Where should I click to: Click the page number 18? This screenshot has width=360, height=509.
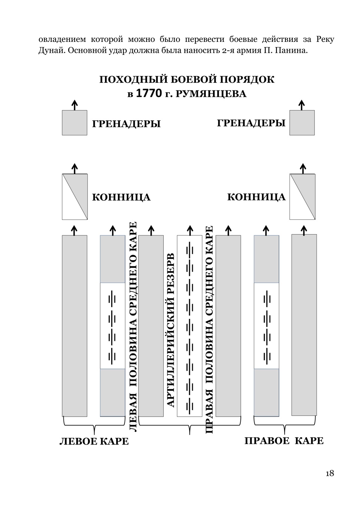tap(330, 473)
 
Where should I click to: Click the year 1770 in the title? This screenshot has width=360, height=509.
tap(149, 93)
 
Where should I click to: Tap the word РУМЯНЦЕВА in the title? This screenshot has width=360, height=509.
tap(211, 94)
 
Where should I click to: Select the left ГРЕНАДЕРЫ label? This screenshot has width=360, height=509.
tap(126, 124)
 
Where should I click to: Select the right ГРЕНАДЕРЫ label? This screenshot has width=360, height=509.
tap(251, 123)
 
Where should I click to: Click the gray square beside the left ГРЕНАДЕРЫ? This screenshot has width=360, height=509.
tap(75, 123)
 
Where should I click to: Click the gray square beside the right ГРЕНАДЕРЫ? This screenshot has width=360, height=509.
tap(302, 123)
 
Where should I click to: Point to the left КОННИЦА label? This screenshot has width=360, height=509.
tap(121, 197)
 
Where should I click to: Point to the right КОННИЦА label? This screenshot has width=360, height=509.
tap(256, 197)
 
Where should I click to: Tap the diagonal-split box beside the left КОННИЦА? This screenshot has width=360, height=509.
tap(75, 197)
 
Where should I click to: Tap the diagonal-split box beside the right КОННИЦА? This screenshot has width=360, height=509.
tap(302, 197)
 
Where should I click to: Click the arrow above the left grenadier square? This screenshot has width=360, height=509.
tap(75, 105)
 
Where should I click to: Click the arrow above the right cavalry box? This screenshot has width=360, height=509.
tap(303, 168)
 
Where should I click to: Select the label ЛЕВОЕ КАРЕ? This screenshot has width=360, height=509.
tap(94, 441)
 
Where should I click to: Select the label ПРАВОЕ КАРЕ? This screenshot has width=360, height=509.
tap(284, 441)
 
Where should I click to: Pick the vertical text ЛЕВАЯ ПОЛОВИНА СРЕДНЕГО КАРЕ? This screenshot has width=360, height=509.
tap(133, 327)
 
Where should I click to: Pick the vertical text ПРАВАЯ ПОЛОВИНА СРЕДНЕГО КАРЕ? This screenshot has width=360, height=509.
tap(209, 329)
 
